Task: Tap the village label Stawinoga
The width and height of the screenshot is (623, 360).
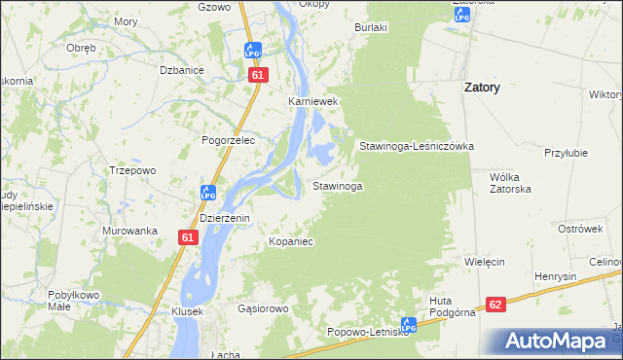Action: click(338, 185)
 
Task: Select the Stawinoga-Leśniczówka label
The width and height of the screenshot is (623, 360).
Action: click(416, 146)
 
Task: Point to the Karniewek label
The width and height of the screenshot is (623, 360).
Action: click(311, 100)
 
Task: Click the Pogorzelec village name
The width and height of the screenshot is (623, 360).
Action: click(228, 140)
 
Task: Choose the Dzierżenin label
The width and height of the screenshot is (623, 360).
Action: click(225, 219)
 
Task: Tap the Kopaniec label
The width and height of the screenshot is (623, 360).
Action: click(291, 240)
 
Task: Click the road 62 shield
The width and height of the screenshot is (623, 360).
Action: click(496, 305)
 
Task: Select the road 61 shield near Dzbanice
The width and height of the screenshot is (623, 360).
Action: click(256, 74)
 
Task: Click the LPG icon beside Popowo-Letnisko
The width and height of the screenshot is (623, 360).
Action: click(409, 326)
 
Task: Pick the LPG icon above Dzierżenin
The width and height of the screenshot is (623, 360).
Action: click(207, 193)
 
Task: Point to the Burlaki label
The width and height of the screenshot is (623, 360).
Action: click(371, 28)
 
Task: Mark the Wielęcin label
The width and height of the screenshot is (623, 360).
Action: click(484, 263)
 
